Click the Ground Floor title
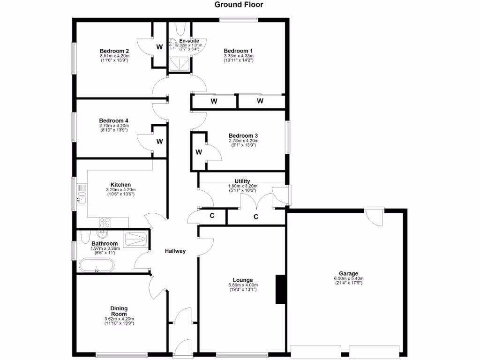click(x=239, y=5)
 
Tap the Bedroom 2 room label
click(x=114, y=51)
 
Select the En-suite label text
click(x=183, y=41)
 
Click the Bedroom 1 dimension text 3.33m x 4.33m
click(x=238, y=56)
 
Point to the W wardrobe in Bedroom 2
click(x=159, y=47)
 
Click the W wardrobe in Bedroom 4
click(x=159, y=141)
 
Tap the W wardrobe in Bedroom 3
click(x=199, y=152)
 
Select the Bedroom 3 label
click(x=243, y=135)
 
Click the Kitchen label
click(x=120, y=185)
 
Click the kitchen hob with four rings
click(x=104, y=222)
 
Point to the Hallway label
click(x=175, y=251)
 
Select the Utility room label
click(x=242, y=181)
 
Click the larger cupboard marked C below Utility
click(x=256, y=217)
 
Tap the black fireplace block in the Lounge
click(x=280, y=289)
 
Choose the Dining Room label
click(x=119, y=311)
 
